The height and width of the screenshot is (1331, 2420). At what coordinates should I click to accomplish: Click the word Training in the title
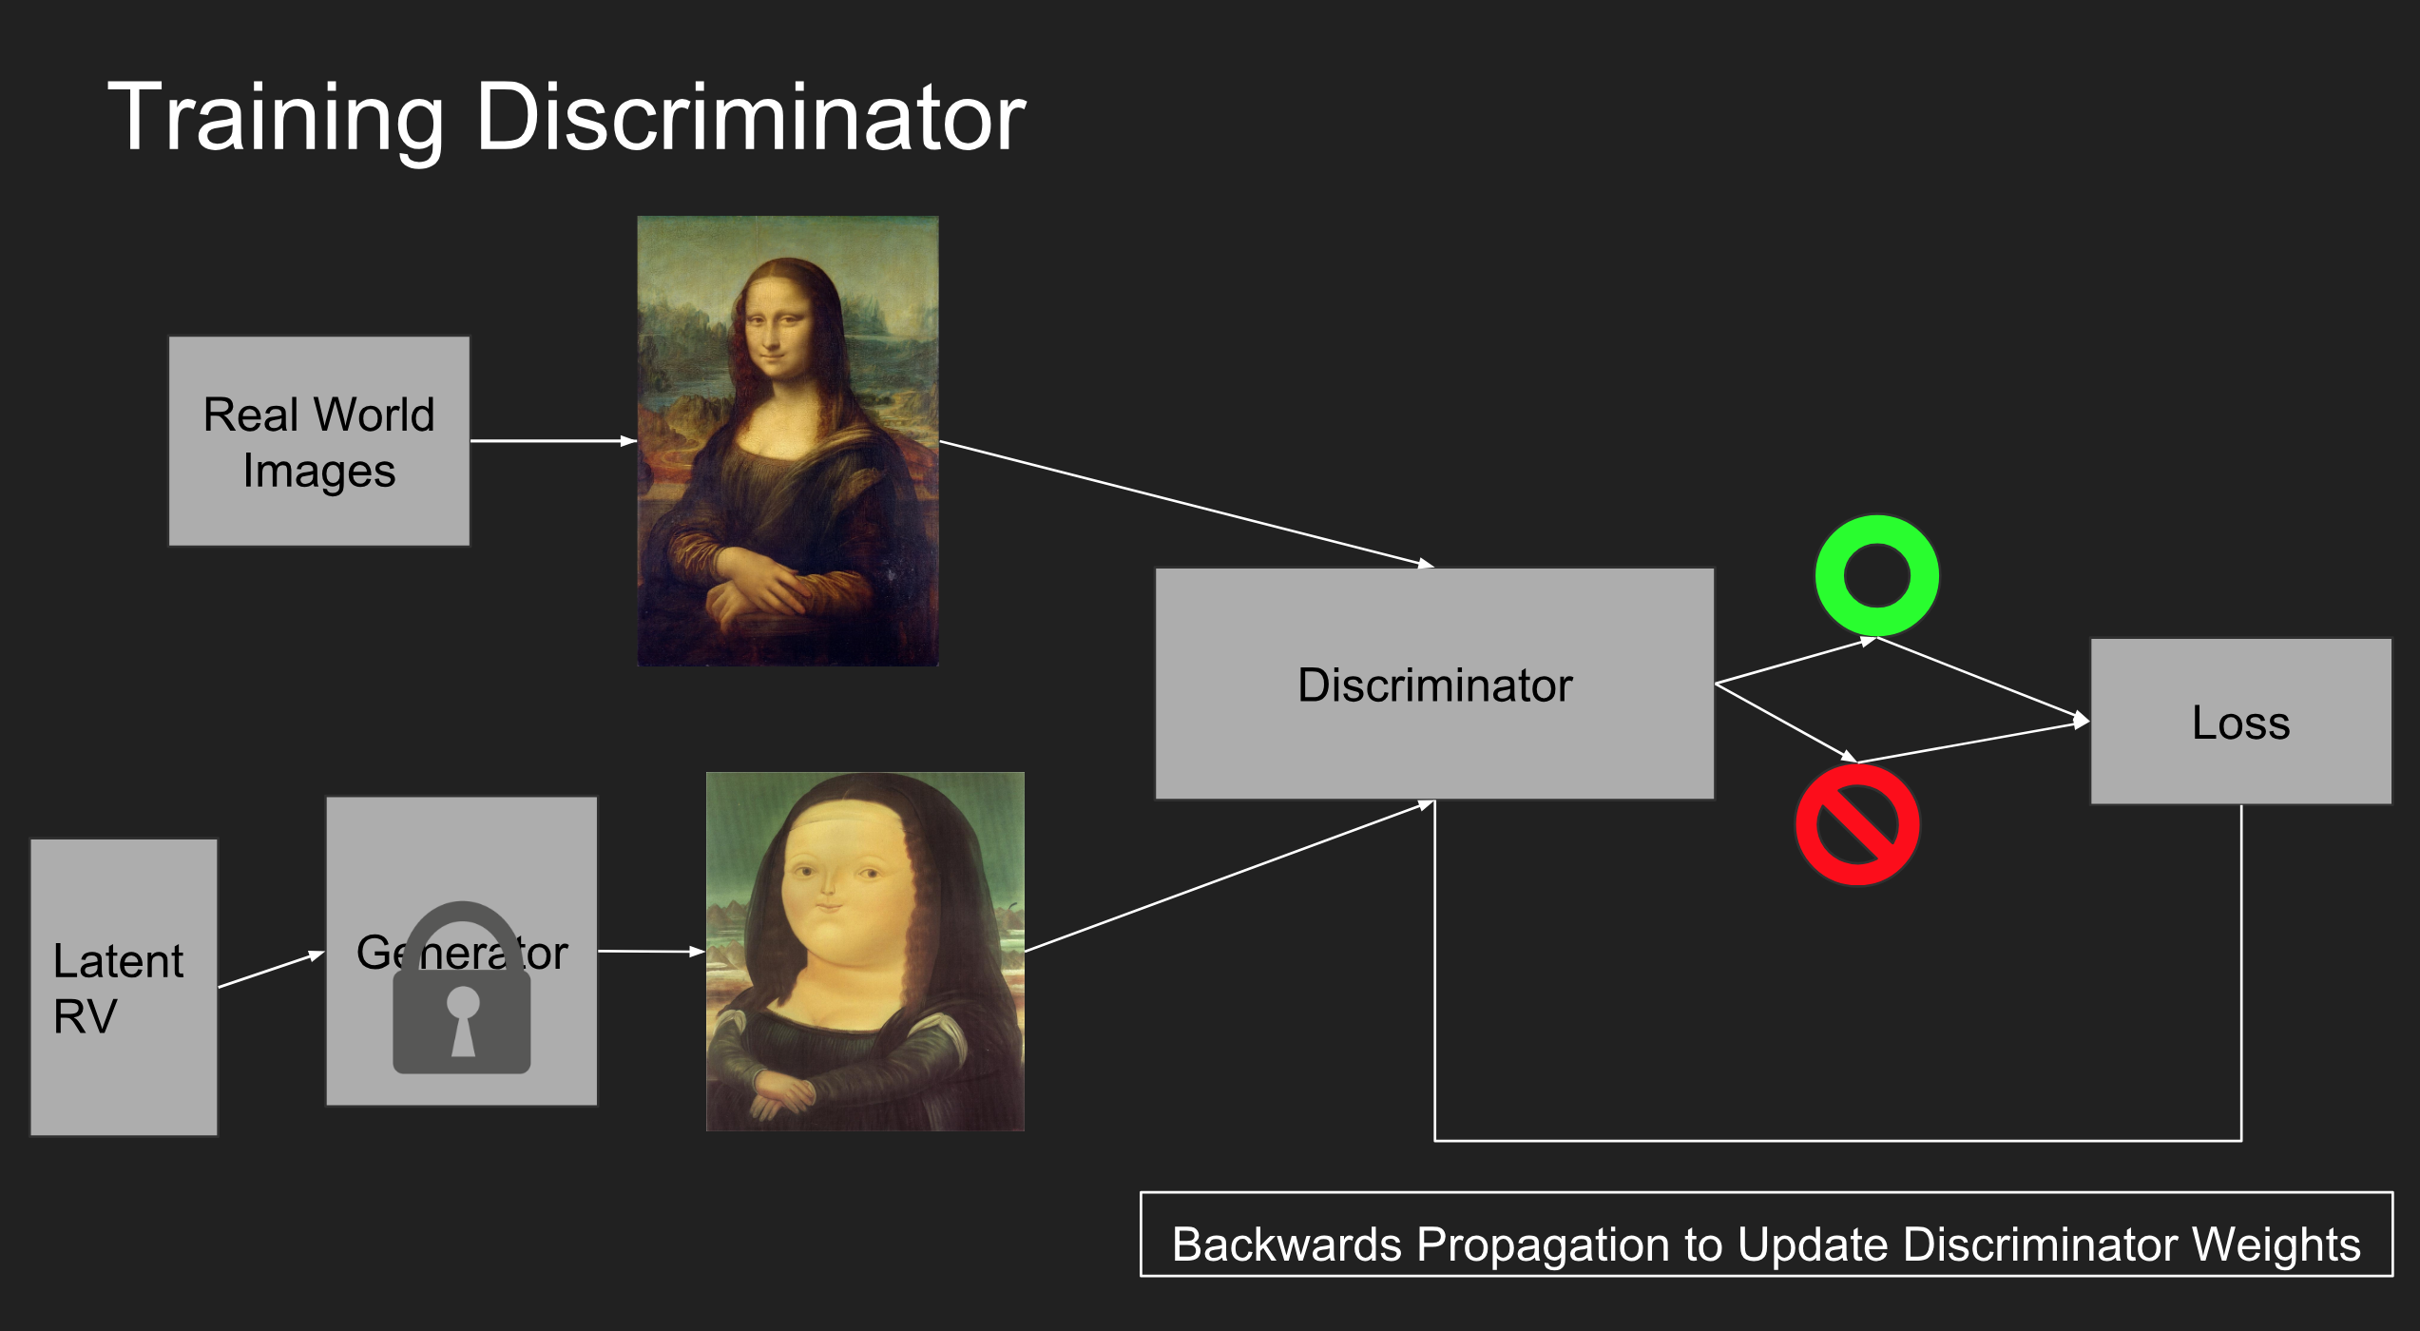(x=276, y=119)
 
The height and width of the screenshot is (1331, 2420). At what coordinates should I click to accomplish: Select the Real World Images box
(x=319, y=441)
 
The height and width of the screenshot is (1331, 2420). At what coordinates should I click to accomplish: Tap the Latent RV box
(x=124, y=987)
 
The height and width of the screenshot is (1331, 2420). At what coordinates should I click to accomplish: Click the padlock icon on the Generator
(x=462, y=989)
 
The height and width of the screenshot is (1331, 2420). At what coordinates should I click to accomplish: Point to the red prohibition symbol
(x=1857, y=825)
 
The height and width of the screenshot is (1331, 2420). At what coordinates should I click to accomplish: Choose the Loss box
(x=2241, y=722)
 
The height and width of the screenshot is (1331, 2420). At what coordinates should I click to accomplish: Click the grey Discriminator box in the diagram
(x=1435, y=685)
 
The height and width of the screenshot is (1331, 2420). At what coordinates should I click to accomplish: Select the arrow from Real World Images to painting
(x=554, y=441)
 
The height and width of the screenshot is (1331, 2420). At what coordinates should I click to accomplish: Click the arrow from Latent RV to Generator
(x=272, y=970)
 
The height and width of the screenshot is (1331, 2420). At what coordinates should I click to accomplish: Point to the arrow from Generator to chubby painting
(x=652, y=951)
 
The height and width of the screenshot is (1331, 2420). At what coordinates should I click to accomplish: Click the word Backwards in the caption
(x=1287, y=1244)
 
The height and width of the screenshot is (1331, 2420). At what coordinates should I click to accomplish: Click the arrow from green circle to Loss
(x=1984, y=679)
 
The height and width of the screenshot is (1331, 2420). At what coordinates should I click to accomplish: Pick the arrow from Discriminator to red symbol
(x=1786, y=723)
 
